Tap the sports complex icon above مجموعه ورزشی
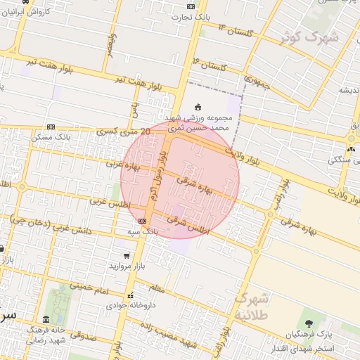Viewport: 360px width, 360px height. coord(198,107)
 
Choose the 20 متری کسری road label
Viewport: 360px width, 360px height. coord(127,130)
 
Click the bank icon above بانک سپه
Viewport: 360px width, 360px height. coord(142,221)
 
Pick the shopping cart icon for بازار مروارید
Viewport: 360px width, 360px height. coord(126,256)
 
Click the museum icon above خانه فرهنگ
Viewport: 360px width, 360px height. coord(46,319)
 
